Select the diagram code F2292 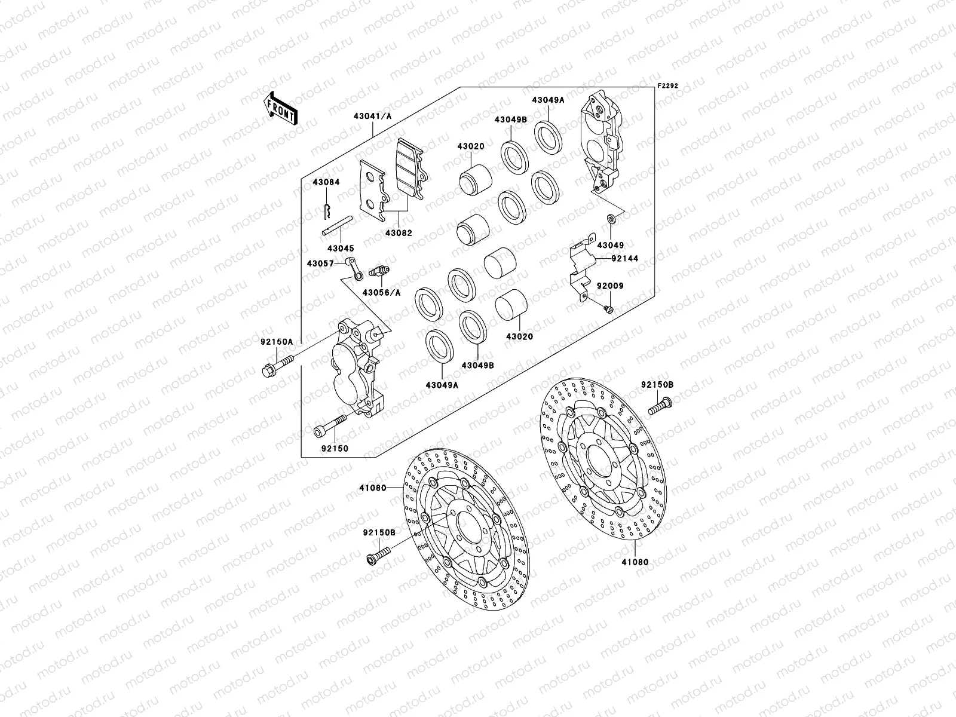[669, 85]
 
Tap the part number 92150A [276, 342]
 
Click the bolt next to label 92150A [277, 366]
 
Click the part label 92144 [625, 259]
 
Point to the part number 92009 [610, 286]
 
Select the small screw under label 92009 [608, 308]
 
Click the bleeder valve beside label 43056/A [378, 272]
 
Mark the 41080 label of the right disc [635, 562]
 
